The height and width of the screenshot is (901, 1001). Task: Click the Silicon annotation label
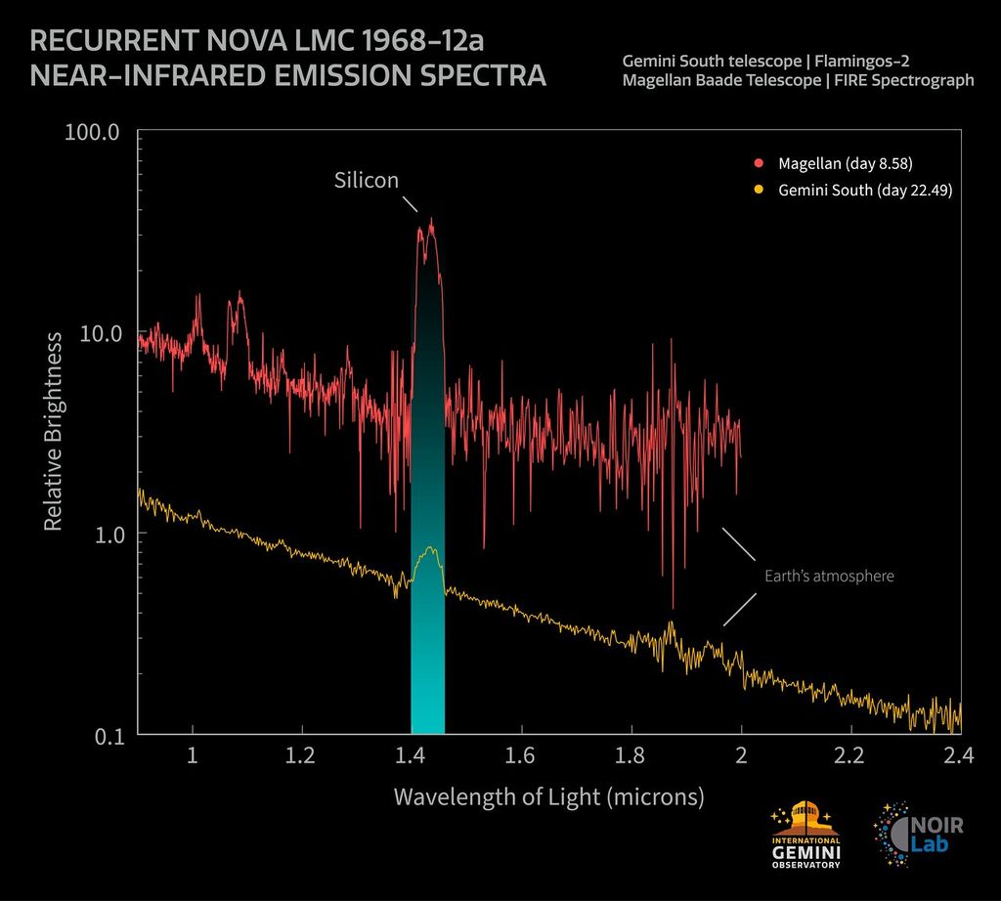coord(367,181)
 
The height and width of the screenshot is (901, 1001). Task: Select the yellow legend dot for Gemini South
coord(758,191)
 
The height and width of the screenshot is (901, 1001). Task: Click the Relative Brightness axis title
coord(54,431)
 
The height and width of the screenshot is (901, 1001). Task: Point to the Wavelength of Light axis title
coord(548,796)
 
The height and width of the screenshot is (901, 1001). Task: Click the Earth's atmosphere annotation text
coord(829,577)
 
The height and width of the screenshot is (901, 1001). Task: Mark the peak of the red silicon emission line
coord(431,221)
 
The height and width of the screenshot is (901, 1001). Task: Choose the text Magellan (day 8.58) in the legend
coord(846,161)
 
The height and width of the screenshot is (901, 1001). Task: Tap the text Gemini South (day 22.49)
coord(865,191)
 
